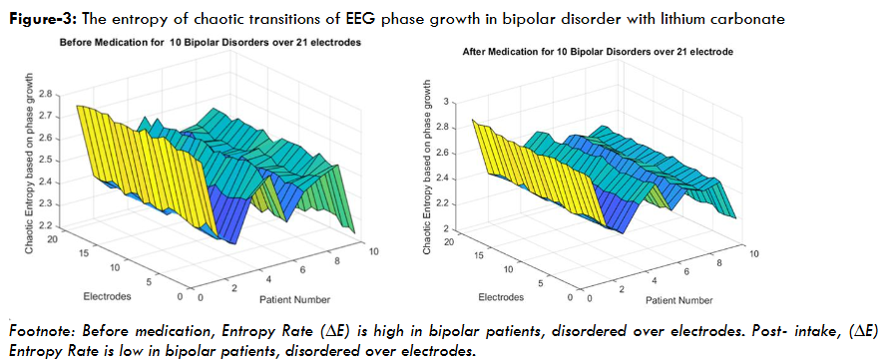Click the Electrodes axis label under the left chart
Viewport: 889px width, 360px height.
(105, 296)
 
